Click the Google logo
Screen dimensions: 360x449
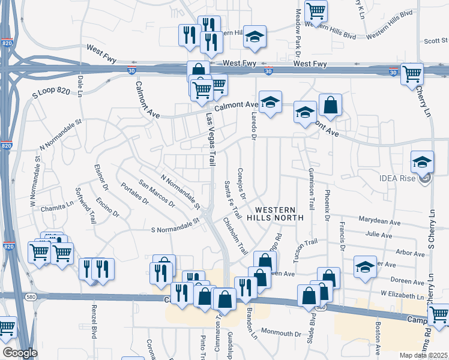20,353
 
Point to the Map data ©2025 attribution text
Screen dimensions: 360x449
424,355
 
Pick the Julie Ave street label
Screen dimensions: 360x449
383,235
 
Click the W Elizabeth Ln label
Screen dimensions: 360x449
402,295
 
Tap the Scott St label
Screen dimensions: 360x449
436,41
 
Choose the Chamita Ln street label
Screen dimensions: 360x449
56,209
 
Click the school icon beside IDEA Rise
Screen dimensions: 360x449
422,162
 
